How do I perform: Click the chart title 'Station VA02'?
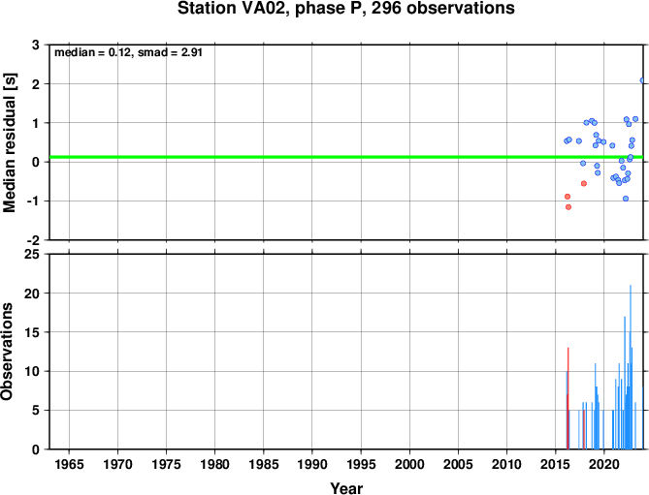click(233, 8)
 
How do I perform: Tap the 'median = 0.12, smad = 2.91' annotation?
click(128, 52)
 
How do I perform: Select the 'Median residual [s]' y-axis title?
click(9, 142)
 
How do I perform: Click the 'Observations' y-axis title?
click(7, 352)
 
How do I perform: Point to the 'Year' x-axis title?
click(346, 488)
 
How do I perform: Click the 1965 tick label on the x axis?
click(69, 464)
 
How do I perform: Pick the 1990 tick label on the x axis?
click(312, 464)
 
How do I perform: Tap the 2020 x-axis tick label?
click(603, 464)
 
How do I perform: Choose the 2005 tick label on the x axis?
click(458, 464)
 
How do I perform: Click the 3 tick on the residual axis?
click(36, 45)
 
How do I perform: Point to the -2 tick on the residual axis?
click(33, 240)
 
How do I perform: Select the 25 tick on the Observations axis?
click(32, 254)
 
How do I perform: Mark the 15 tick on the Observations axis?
click(32, 332)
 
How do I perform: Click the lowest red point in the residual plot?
click(568, 207)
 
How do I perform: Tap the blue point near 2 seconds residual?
click(642, 80)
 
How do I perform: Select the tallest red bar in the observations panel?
click(568, 398)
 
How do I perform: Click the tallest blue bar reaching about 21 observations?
click(631, 367)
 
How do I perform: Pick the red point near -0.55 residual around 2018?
click(584, 183)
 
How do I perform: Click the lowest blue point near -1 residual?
click(626, 199)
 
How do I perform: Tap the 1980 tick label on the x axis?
click(214, 464)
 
